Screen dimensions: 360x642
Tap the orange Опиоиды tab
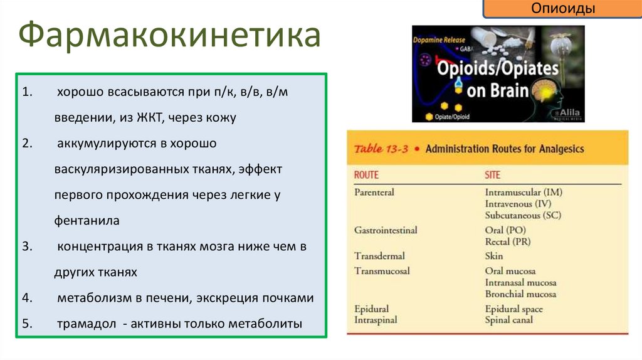562,9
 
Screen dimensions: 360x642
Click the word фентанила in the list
87,221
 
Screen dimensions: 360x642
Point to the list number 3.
26,247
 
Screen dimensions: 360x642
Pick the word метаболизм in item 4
88,299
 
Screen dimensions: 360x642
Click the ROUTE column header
366,176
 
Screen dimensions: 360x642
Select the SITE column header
493,176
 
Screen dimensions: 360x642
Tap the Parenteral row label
374,193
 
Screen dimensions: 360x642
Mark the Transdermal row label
379,256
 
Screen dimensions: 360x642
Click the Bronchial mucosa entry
520,294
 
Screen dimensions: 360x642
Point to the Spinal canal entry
509,320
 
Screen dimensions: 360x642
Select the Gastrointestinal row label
385,230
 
